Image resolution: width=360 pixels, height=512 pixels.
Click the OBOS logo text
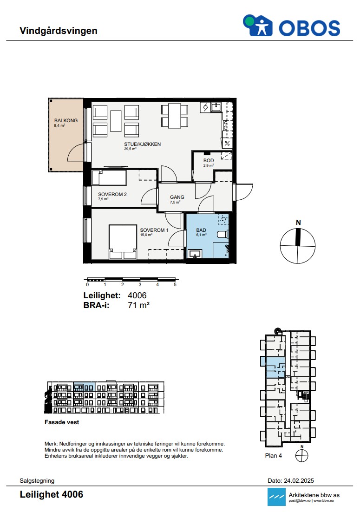tap(309, 28)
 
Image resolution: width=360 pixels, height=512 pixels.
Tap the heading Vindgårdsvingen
tap(59, 31)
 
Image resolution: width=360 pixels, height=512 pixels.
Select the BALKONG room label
tap(66, 120)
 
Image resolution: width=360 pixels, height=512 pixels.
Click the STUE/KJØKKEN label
tap(142, 144)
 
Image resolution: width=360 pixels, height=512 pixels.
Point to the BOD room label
tap(209, 160)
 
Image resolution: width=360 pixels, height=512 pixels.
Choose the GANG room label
tap(177, 197)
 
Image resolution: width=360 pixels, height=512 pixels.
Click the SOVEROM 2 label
tap(112, 194)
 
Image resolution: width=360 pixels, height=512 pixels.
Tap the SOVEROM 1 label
tap(154, 230)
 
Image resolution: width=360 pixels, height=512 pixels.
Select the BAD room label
tap(201, 230)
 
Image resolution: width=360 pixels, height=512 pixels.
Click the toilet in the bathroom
tap(223, 234)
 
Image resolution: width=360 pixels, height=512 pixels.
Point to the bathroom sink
tap(195, 253)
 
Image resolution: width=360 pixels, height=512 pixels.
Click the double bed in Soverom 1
tap(123, 242)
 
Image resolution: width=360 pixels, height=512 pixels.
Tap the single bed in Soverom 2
tap(109, 178)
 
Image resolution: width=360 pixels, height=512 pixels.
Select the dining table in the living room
tap(175, 116)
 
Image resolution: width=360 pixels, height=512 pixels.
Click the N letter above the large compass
tap(298, 223)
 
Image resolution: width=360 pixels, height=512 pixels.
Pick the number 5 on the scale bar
tap(175, 285)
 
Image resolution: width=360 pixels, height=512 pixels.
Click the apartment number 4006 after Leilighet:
tap(137, 295)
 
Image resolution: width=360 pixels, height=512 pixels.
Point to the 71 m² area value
tap(139, 305)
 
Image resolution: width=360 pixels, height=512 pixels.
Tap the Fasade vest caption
tap(62, 422)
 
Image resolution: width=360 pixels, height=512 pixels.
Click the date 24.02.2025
tap(299, 481)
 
